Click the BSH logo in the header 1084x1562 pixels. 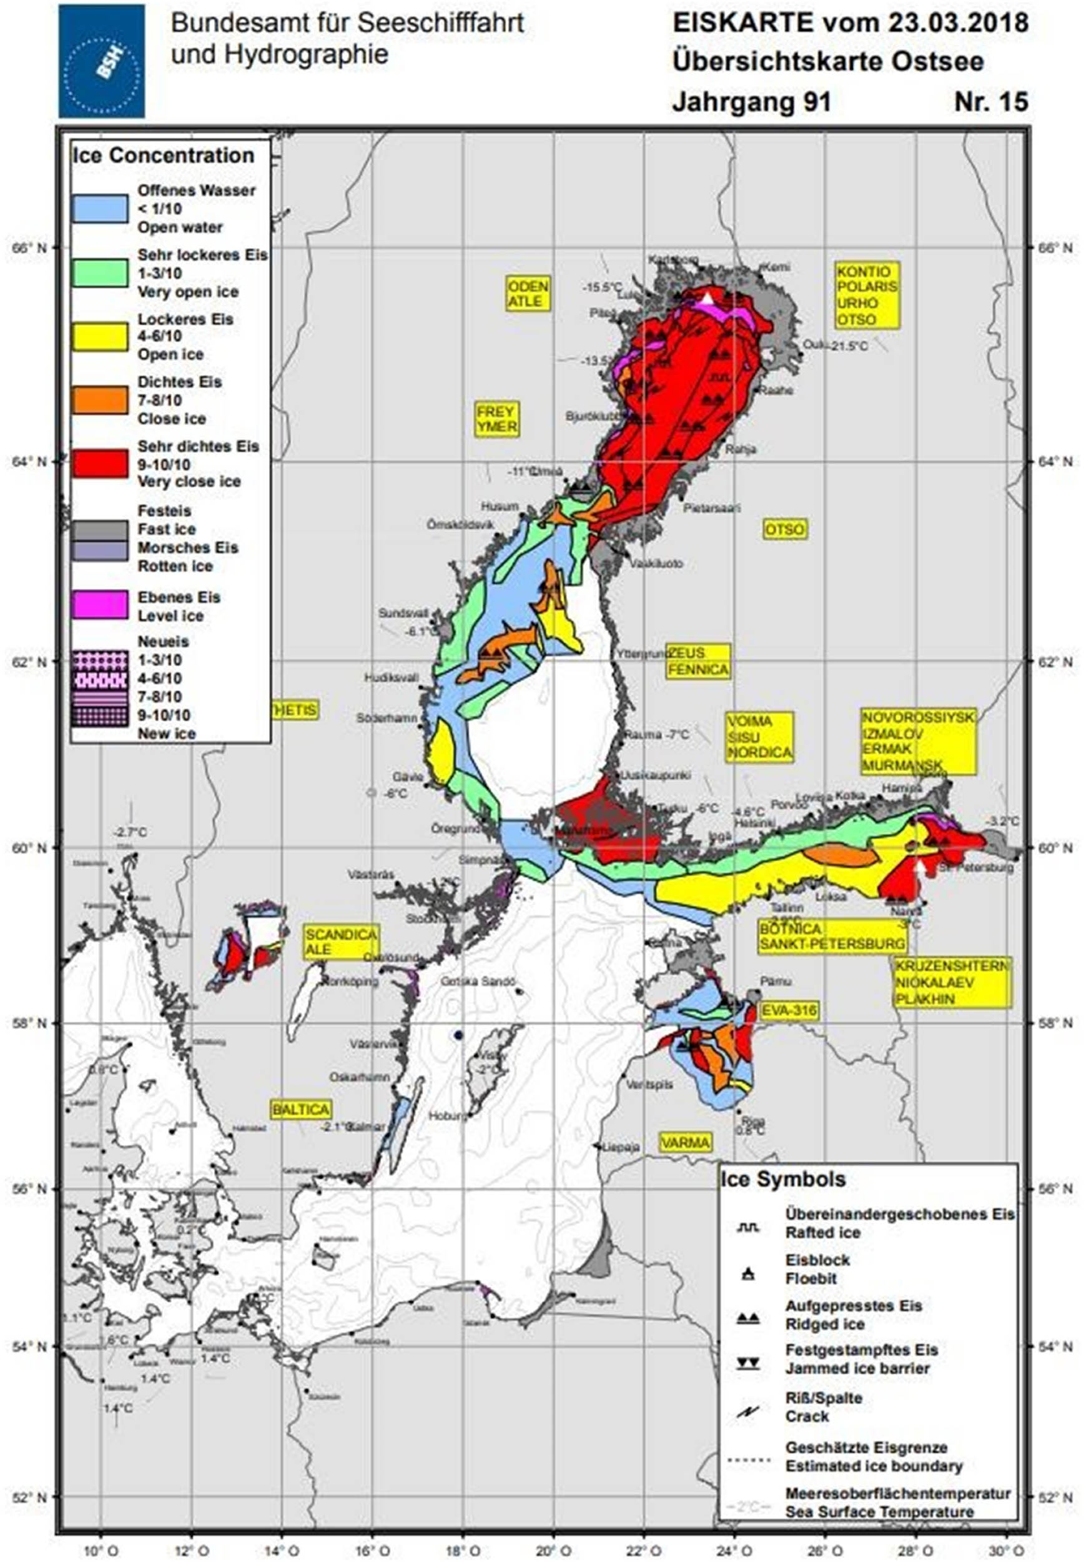101,61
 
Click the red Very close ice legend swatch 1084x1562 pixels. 101,464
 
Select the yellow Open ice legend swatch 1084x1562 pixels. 101,336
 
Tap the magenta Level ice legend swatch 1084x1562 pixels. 101,605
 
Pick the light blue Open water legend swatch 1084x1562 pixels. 101,208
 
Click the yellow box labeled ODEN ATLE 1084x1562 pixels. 528,293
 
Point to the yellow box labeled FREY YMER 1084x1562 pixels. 496,419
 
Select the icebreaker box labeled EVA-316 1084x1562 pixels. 789,1010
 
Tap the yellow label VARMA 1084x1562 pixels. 686,1142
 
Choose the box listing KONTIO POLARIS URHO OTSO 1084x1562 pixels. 867,296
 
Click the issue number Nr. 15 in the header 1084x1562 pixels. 991,102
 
